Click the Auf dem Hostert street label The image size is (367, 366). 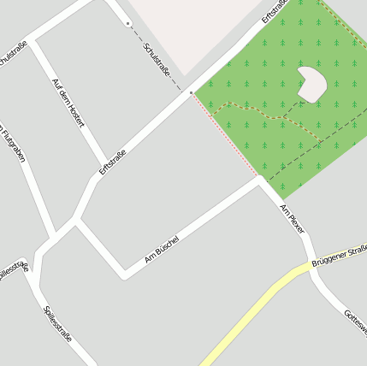(x=68, y=103)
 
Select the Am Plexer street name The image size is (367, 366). (x=292, y=218)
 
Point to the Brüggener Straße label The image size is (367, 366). (x=340, y=254)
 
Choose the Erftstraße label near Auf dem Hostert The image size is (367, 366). (x=112, y=162)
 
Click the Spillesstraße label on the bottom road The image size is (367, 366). (x=57, y=322)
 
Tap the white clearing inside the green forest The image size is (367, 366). (x=311, y=83)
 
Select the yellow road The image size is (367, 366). (x=248, y=315)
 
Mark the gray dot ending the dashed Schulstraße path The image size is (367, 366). (x=127, y=23)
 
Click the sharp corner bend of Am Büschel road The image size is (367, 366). (x=125, y=274)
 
